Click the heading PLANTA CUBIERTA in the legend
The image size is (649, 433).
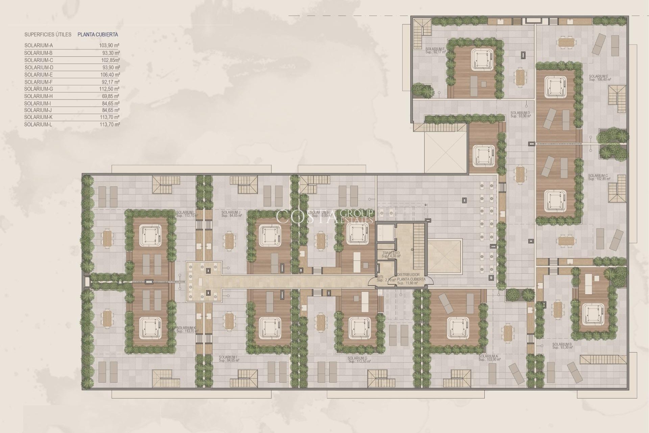(98, 35)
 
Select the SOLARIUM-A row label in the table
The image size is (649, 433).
(39, 45)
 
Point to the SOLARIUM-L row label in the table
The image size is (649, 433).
(38, 124)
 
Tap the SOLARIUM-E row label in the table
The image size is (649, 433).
(39, 75)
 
